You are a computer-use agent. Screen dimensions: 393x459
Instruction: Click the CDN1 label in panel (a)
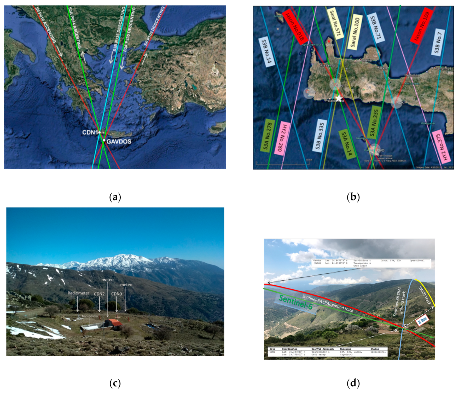(90, 132)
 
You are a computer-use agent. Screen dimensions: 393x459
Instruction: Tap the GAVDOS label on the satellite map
(119, 141)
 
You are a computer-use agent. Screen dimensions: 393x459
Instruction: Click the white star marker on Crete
(339, 98)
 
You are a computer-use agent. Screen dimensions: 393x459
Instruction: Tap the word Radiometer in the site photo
(78, 293)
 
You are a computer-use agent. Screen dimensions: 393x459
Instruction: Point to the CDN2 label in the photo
(99, 294)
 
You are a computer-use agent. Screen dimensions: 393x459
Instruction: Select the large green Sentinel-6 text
(295, 302)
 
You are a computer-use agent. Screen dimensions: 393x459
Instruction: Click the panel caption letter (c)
(115, 383)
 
